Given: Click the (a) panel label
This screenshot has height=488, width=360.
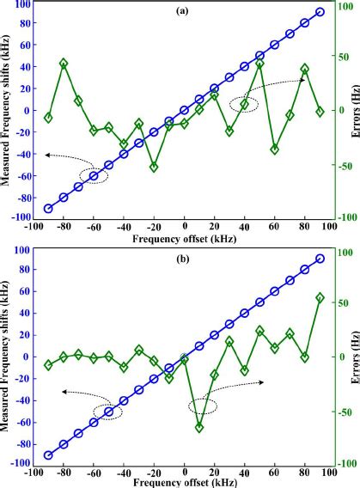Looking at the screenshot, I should [x=183, y=12].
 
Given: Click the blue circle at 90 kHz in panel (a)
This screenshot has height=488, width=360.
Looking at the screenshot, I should [x=320, y=12].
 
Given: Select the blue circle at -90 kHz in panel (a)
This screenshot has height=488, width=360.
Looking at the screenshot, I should [x=48, y=208].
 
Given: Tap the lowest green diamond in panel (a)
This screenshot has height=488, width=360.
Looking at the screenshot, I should [x=154, y=167].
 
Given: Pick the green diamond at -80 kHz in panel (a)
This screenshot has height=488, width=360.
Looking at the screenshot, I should [x=64, y=64].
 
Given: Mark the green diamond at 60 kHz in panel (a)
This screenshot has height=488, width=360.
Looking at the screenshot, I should [x=275, y=149].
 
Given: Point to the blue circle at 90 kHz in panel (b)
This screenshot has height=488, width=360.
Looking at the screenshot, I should [x=320, y=259].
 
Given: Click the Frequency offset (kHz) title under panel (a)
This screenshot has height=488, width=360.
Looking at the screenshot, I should [x=184, y=241].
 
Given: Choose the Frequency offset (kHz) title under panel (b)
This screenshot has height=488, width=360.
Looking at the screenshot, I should [x=184, y=485].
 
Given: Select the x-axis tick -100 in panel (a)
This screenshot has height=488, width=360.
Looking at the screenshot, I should [x=33, y=228].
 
